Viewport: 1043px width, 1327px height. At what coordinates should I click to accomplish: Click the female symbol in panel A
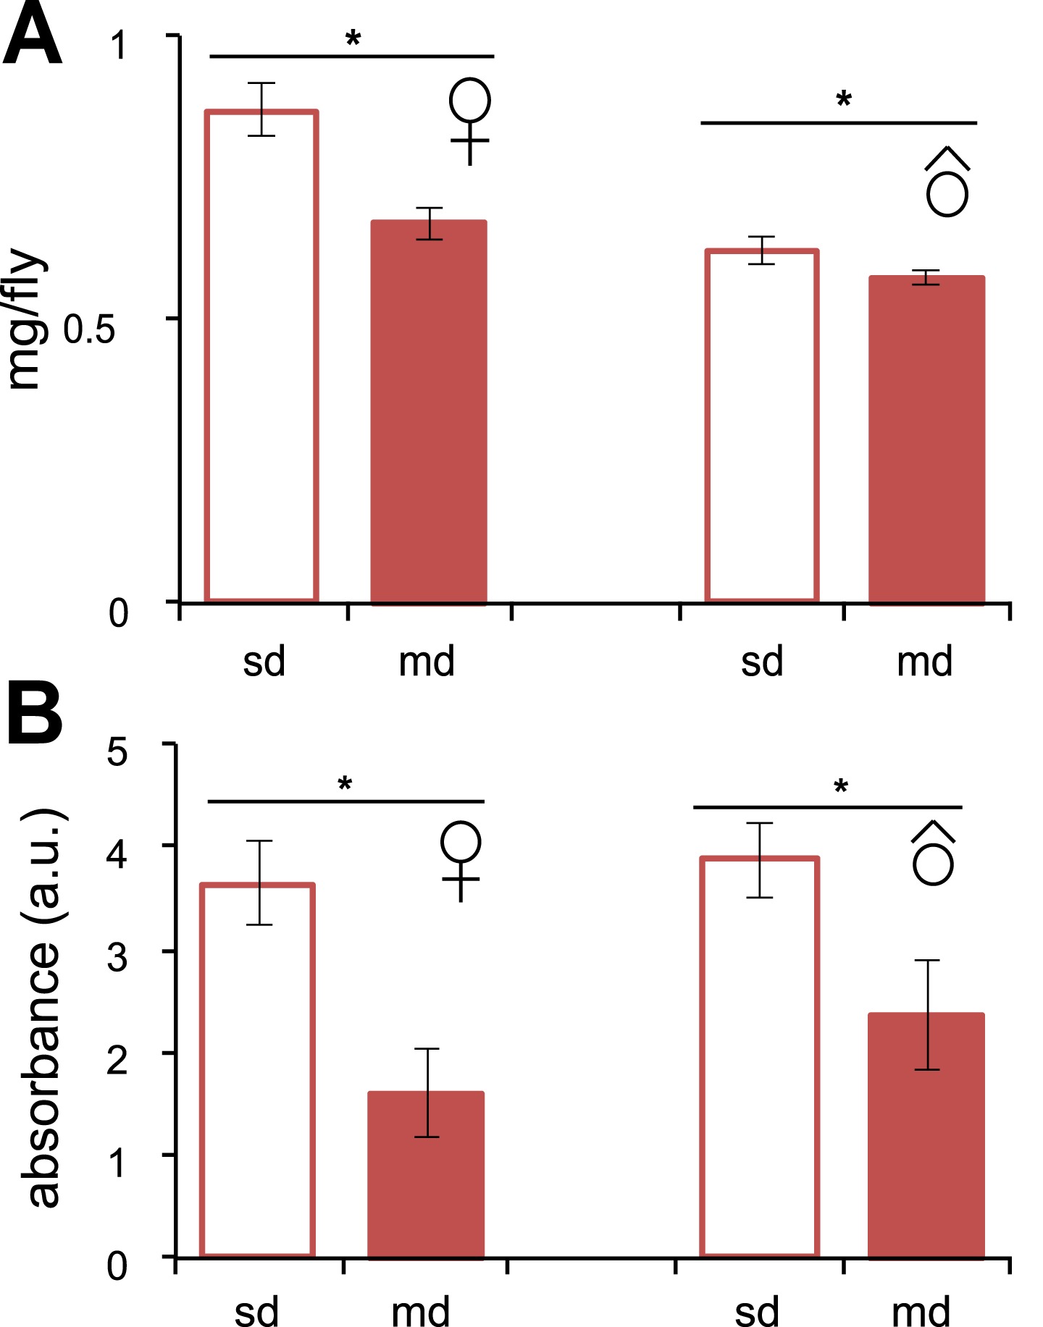(469, 120)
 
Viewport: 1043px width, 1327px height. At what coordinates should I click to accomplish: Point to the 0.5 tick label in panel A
(89, 329)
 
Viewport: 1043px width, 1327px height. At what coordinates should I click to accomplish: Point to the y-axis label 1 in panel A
(119, 45)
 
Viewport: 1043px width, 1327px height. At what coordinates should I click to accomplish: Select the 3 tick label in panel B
(117, 957)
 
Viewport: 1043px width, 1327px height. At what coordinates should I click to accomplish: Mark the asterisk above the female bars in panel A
(353, 39)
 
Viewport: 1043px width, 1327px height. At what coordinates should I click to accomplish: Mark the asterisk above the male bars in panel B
(840, 787)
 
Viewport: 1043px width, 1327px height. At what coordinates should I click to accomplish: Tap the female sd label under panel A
(264, 662)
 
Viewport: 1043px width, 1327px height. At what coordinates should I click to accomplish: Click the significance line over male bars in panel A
(839, 123)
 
